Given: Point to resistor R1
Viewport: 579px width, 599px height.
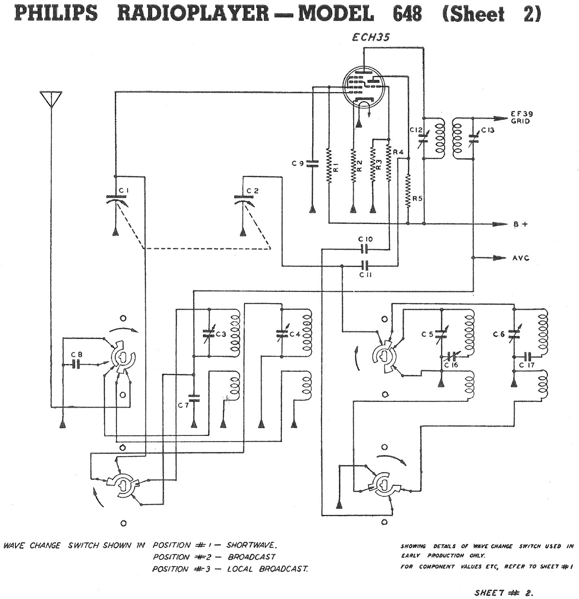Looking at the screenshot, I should [x=328, y=166].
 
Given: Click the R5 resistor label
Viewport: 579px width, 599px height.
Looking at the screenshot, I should [x=418, y=199].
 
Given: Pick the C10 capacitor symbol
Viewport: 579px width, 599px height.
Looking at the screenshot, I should [x=366, y=249].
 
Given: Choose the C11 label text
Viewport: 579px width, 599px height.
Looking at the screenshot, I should [x=365, y=275].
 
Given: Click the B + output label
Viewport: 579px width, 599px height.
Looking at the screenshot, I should [x=520, y=224].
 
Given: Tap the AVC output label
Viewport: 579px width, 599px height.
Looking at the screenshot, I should [x=521, y=258].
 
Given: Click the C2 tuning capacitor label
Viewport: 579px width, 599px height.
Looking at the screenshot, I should [x=253, y=190].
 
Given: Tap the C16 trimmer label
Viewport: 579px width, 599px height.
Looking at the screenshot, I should [x=451, y=365].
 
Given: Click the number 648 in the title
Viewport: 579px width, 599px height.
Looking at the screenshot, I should [x=407, y=13].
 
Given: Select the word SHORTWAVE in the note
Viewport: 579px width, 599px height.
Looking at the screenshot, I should [x=252, y=545].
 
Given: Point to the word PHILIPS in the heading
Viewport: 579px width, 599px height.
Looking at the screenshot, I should [x=56, y=13].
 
